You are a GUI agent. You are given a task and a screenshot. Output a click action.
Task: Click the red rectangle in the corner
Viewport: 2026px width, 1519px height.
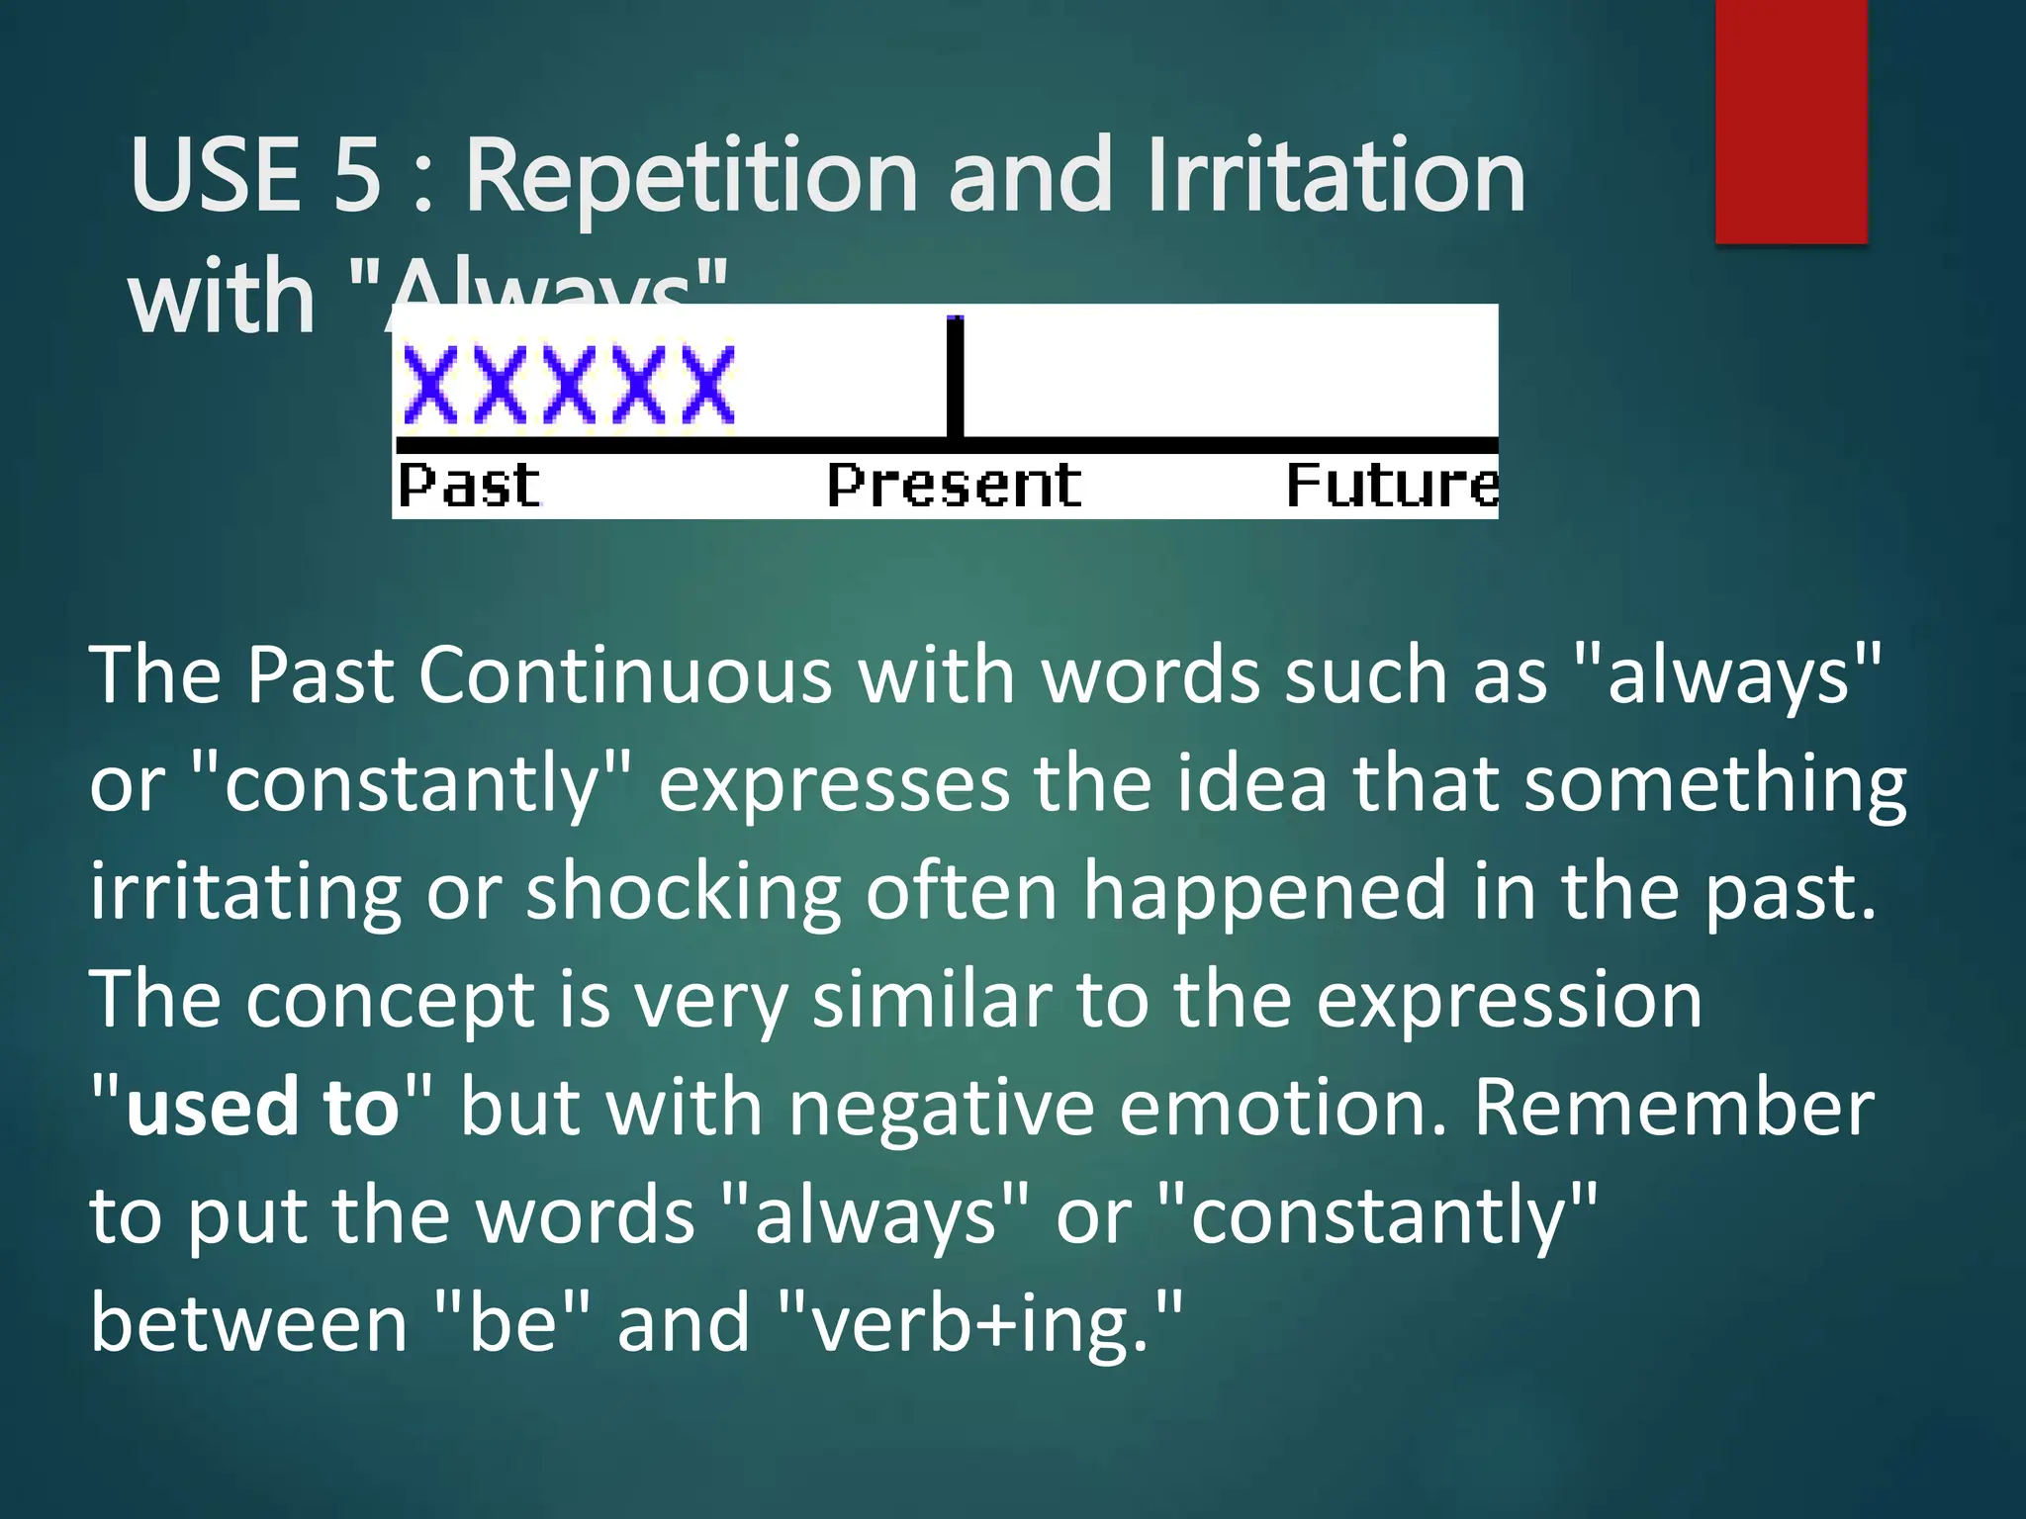[1791, 121]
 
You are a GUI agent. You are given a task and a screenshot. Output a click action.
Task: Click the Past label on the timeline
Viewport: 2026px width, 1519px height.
[469, 486]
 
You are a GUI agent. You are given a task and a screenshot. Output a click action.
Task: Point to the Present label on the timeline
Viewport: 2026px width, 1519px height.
[954, 486]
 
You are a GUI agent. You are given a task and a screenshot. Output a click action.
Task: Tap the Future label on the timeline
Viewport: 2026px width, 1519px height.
[1391, 486]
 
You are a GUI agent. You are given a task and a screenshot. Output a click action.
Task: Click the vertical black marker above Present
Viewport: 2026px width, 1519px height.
[955, 376]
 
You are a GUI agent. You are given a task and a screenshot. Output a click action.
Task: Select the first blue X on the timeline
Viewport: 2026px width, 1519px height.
[429, 385]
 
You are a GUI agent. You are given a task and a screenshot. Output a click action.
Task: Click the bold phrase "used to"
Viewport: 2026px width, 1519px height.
[262, 1107]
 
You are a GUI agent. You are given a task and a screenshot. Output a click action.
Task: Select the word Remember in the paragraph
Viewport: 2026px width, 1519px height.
[1674, 1107]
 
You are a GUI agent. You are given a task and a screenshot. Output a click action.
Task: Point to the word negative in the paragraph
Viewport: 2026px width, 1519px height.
[941, 1107]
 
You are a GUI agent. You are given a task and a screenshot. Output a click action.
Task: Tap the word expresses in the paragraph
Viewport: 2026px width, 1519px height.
[834, 783]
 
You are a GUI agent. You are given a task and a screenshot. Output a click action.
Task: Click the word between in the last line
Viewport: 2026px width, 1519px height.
[248, 1324]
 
